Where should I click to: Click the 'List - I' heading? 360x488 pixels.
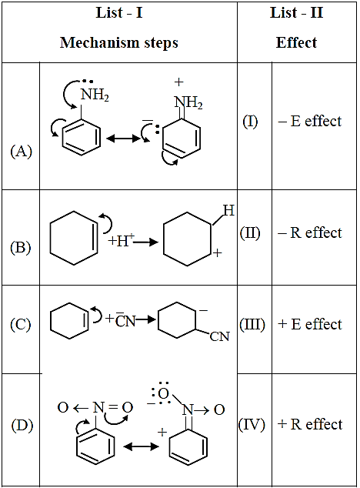119,13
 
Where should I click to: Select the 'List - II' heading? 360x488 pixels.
296,13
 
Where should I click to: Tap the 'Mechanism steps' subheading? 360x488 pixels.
119,42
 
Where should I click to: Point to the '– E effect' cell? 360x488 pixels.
310,121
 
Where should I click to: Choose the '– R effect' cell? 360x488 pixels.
310,232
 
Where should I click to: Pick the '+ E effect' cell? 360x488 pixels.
310,324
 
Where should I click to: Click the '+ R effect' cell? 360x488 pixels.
310,424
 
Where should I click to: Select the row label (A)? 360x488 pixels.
22,152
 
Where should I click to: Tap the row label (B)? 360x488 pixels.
21,248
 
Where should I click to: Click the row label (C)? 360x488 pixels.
21,325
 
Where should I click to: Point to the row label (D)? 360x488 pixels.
22,426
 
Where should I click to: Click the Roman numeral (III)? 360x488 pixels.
252,325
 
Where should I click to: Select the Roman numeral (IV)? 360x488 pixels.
252,425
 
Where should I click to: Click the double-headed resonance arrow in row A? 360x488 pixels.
123,138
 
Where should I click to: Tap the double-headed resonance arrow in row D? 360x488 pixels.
141,447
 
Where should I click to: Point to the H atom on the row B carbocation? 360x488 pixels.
228,211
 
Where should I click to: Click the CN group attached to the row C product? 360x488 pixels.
220,336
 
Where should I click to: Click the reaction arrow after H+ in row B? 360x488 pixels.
146,242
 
